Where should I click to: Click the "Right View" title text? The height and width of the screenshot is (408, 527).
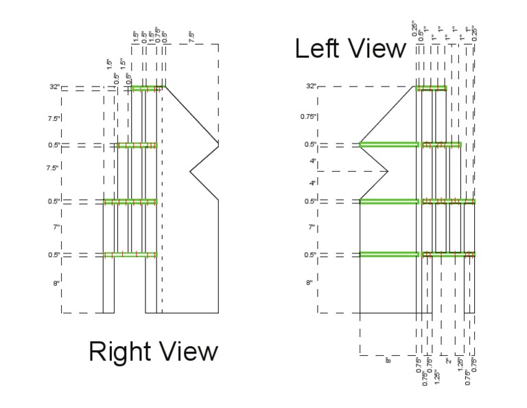(153, 352)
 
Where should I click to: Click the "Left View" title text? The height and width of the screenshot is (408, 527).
(350, 49)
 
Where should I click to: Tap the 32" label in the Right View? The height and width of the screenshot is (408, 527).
(54, 87)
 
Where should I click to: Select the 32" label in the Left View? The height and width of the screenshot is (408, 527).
(312, 86)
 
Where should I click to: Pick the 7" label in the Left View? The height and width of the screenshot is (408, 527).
(311, 227)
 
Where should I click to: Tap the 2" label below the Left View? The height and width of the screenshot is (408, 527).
(448, 361)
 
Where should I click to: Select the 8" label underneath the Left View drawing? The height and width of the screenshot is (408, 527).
(387, 360)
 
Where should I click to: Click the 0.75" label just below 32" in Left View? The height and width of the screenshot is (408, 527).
(308, 117)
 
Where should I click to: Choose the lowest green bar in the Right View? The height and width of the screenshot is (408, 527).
(130, 255)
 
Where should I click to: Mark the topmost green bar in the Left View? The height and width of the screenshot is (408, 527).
(431, 88)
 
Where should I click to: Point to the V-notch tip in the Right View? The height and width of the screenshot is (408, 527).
(190, 170)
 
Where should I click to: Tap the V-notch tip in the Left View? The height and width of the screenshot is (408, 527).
(388, 171)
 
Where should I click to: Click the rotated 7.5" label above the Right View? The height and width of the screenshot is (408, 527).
(191, 35)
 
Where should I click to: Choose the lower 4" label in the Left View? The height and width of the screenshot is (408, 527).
(312, 183)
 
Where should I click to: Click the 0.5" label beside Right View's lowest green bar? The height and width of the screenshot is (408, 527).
(54, 255)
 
